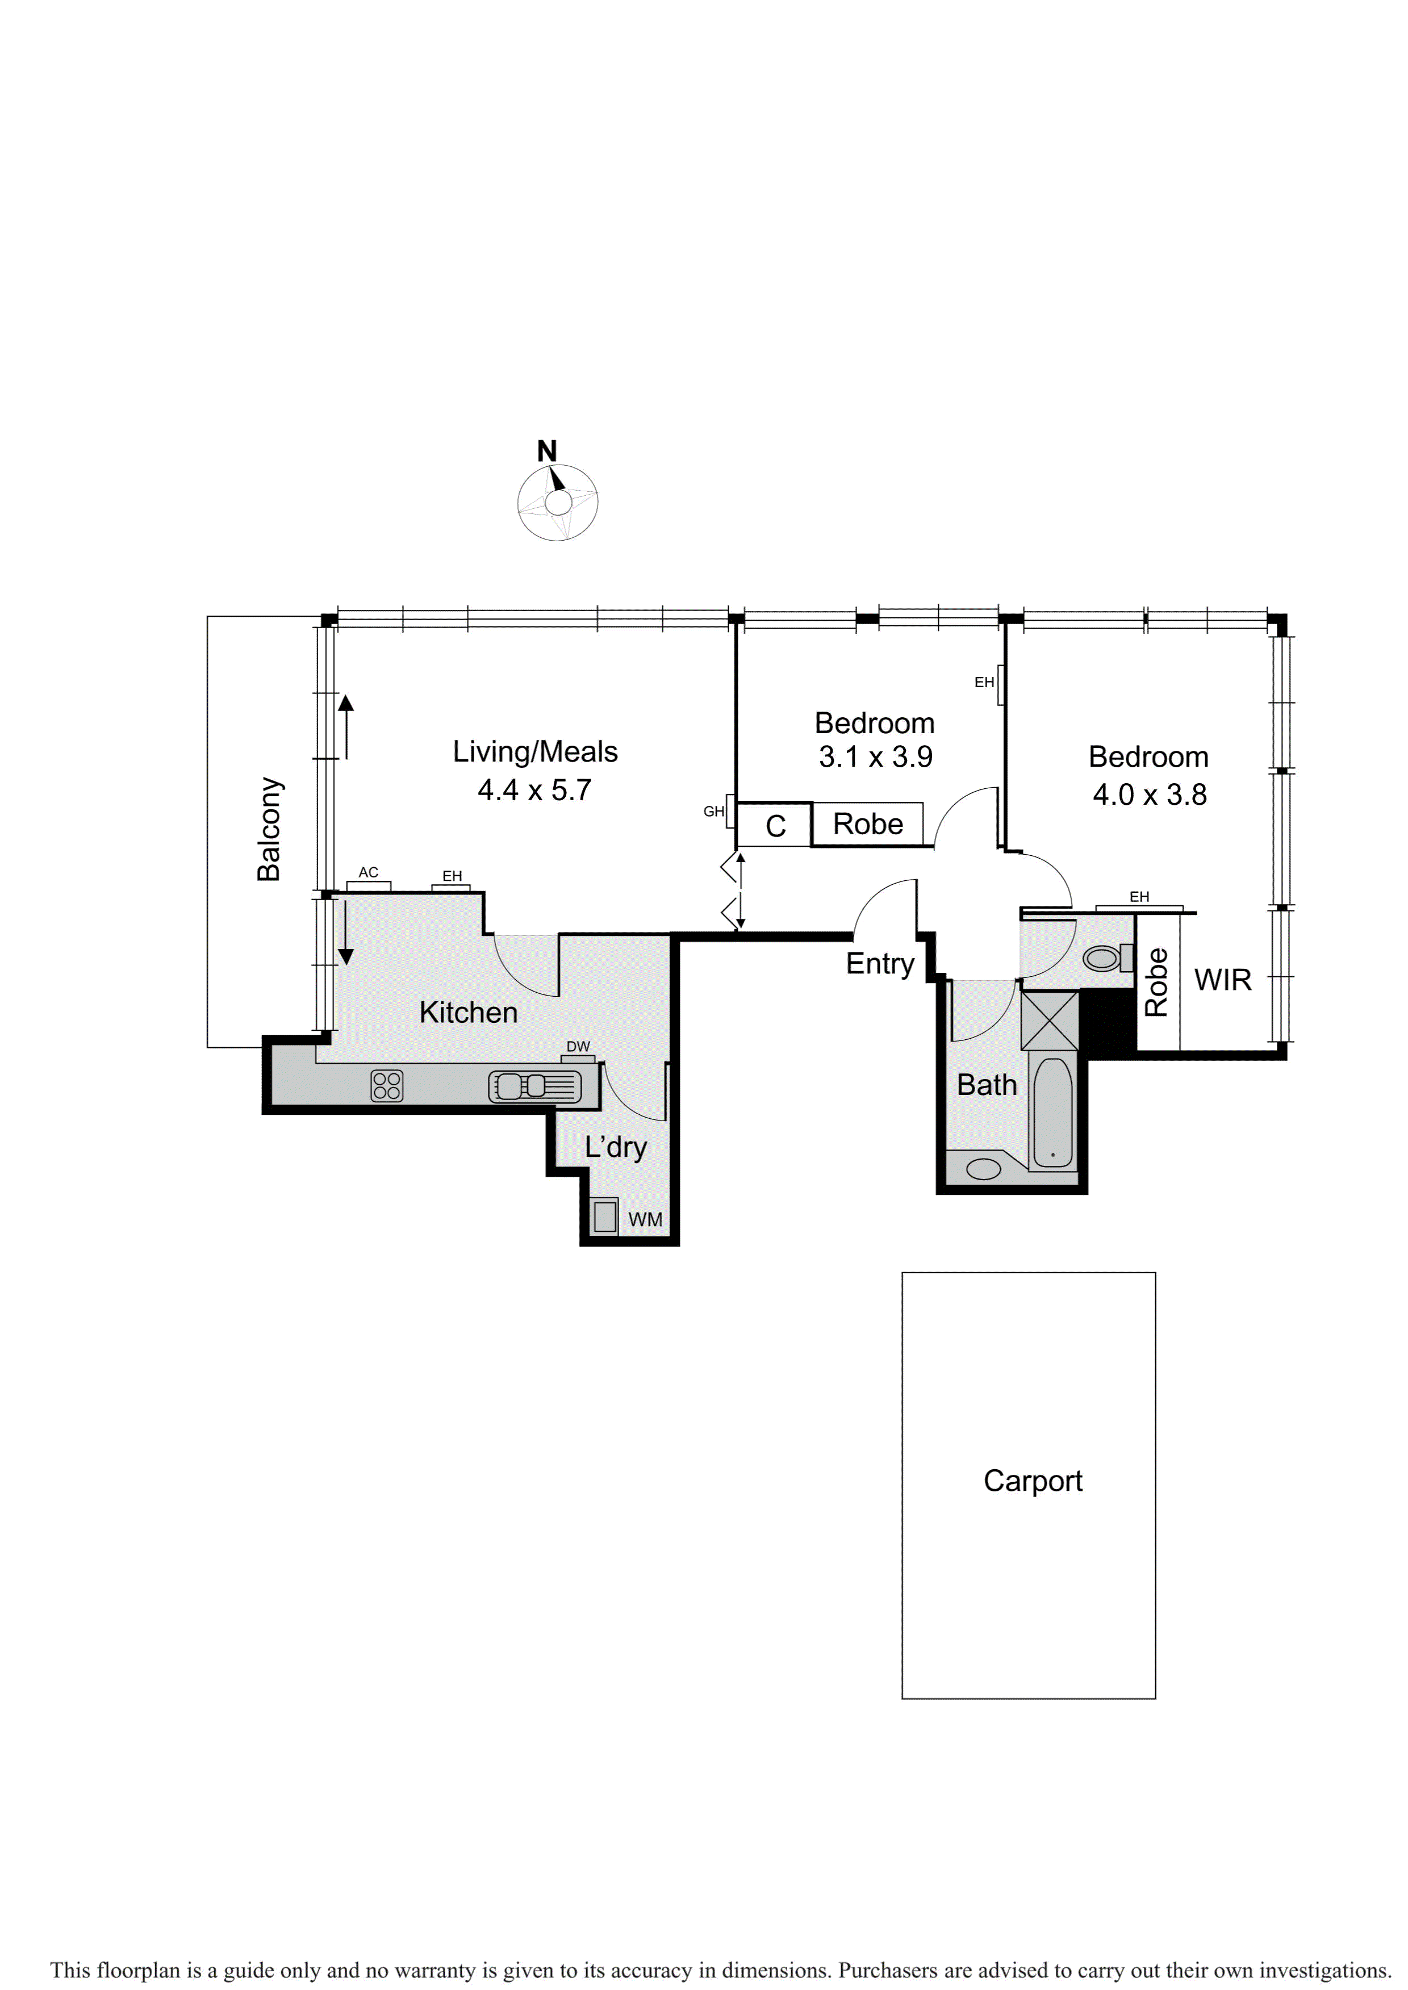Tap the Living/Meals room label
(535, 751)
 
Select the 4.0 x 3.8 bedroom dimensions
(1149, 795)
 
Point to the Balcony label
(270, 830)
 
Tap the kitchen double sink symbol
(522, 1086)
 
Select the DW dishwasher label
(578, 1047)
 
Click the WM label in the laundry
(645, 1219)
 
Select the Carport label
(1033, 1481)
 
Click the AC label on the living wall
(369, 873)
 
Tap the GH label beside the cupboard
(713, 811)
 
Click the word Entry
(880, 964)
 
